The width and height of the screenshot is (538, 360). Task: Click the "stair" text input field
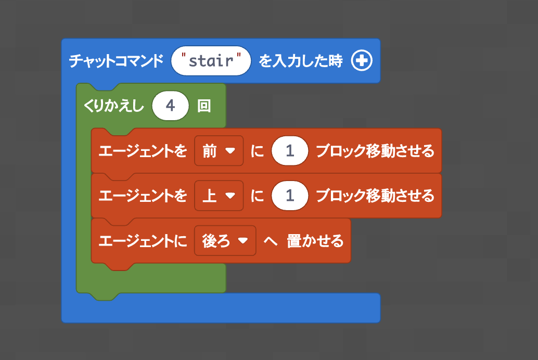point(211,61)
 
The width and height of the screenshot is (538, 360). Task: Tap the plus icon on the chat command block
point(362,61)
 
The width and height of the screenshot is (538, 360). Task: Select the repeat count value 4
point(171,106)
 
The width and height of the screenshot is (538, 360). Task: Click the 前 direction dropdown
point(219,151)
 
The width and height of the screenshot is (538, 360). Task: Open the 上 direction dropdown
point(219,196)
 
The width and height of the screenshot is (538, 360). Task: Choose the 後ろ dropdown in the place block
point(225,240)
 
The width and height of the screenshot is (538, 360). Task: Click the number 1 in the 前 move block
point(290,151)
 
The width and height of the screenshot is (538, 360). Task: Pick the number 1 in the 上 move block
point(290,196)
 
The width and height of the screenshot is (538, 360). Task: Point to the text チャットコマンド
point(117,61)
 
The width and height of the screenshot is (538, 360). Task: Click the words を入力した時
point(301,61)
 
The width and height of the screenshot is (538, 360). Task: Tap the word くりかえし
point(114,106)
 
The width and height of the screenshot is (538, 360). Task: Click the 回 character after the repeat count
point(204,106)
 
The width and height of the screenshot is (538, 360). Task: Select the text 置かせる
point(315,240)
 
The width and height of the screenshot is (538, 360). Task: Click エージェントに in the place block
point(143,240)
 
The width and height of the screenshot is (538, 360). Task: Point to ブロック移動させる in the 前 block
point(375,151)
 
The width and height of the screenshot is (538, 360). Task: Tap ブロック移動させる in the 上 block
point(375,196)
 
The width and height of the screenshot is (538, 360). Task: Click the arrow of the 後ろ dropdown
point(243,240)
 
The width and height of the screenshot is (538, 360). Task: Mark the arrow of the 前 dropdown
point(230,151)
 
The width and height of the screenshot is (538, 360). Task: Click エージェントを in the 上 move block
point(143,196)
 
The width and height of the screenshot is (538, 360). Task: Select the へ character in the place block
point(271,241)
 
